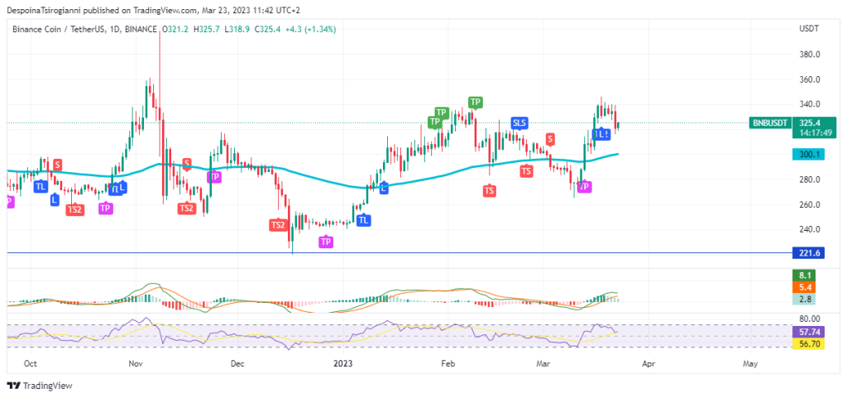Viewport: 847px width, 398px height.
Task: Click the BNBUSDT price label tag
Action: (769, 122)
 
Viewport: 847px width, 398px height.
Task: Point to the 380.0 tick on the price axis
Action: (810, 55)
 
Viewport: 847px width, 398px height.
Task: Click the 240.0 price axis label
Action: (810, 229)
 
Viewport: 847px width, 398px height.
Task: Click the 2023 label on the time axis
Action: (342, 363)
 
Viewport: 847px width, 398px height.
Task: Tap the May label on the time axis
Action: (750, 363)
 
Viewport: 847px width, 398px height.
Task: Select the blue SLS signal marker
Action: (519, 123)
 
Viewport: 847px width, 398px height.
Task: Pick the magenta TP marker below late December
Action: (327, 242)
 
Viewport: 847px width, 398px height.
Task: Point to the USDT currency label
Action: (808, 29)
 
